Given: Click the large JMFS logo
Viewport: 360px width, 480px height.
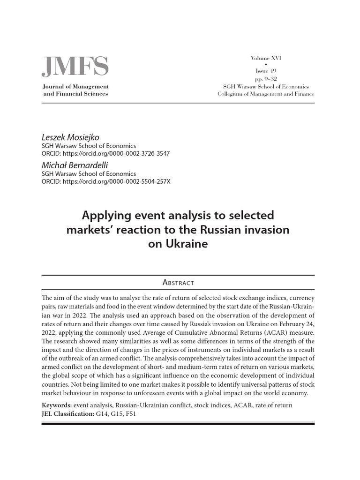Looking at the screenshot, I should pyautogui.click(x=75, y=67).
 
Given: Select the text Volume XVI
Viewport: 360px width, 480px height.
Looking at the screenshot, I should pyautogui.click(x=266, y=58).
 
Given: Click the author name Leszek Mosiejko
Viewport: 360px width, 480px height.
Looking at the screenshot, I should pyautogui.click(x=70, y=137).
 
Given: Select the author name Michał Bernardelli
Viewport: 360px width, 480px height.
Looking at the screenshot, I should pyautogui.click(x=75, y=165).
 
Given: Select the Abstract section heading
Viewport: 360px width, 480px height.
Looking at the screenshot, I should pyautogui.click(x=178, y=282).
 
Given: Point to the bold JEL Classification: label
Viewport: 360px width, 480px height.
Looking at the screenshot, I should pyautogui.click(x=68, y=414).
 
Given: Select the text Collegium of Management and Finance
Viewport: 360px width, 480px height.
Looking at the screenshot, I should pyautogui.click(x=266, y=94).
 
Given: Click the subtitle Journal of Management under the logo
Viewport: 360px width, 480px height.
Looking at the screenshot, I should pyautogui.click(x=75, y=87).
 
